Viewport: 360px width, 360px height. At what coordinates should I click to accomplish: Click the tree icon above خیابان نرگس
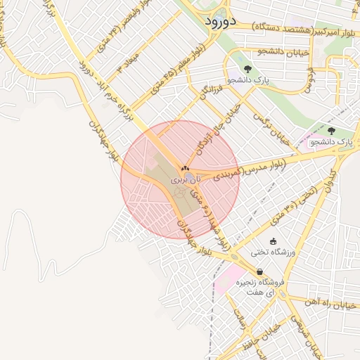point(247,68)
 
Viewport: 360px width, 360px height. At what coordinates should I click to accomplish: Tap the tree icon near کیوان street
point(332,130)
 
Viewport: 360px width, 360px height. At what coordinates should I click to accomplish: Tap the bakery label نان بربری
point(186,181)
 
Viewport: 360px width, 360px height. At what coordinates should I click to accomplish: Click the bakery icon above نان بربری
point(185,169)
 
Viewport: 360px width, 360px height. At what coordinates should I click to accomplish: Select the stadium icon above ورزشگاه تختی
point(274,241)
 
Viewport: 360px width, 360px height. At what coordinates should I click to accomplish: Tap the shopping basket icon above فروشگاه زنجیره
point(259,271)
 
